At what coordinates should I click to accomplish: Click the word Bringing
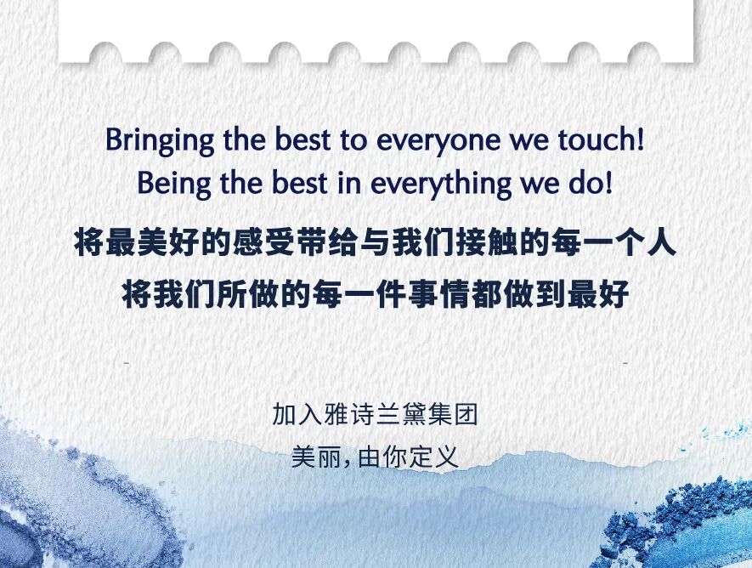tap(159, 140)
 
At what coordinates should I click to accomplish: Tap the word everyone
tap(438, 141)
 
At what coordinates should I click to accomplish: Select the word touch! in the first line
tap(601, 139)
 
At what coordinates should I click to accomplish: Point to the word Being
tap(174, 185)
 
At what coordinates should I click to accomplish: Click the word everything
tap(441, 185)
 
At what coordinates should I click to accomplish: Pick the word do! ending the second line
tap(591, 183)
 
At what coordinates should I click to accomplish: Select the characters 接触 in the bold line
tap(486, 243)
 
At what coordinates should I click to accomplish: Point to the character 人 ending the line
tap(660, 243)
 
